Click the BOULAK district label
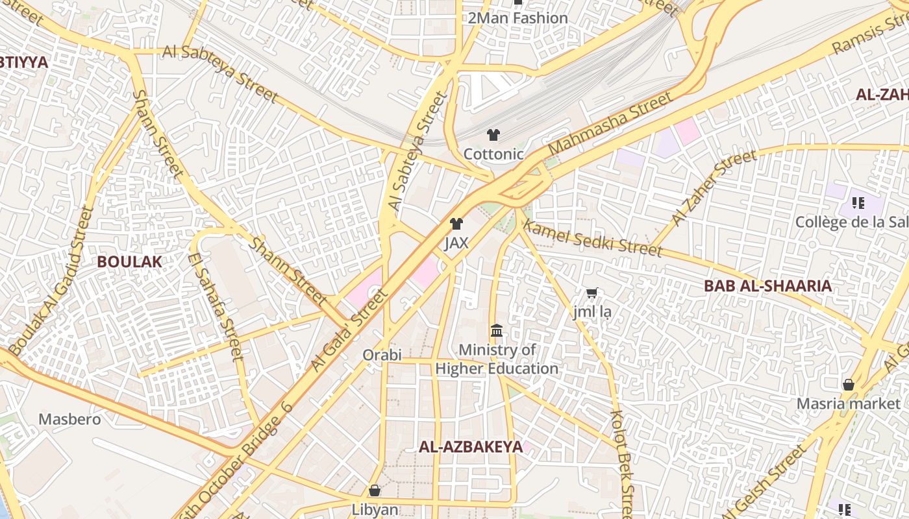pos(129,262)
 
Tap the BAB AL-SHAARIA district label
pos(767,286)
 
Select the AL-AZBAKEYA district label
pos(470,447)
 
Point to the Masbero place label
pos(70,419)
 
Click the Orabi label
pos(382,355)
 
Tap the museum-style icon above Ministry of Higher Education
pos(497,332)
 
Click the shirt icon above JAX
pos(456,224)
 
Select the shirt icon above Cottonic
pos(493,135)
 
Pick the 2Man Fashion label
pos(518,18)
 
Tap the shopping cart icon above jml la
pos(591,293)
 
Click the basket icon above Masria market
pos(848,385)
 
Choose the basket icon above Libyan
pos(374,490)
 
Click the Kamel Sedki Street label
pos(592,238)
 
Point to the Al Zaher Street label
pos(714,187)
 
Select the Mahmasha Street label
pos(610,123)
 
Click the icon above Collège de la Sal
pos(858,203)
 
